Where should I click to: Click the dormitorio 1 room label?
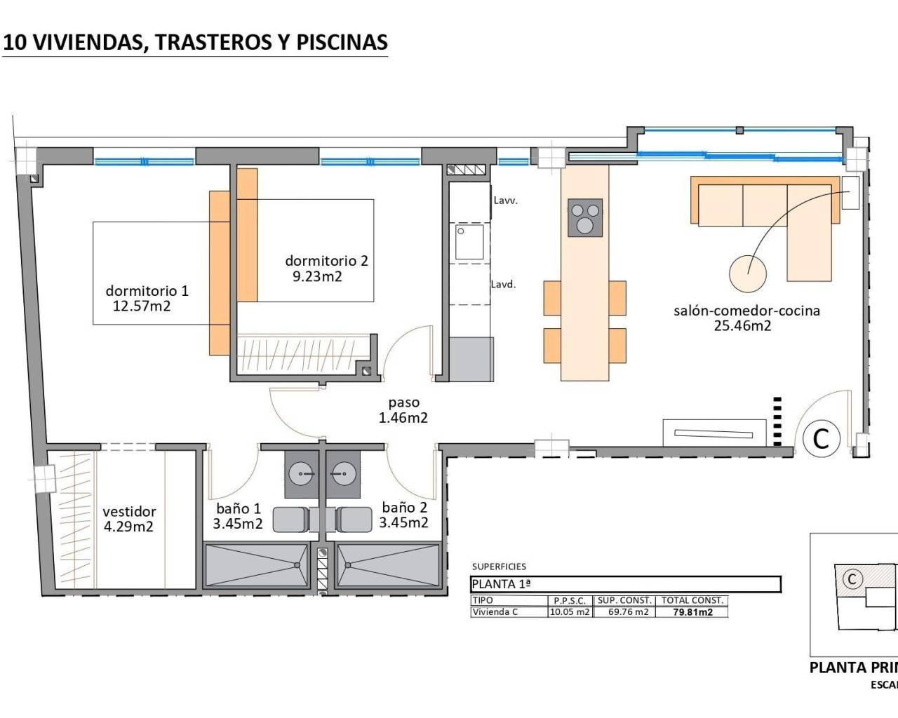(x=147, y=290)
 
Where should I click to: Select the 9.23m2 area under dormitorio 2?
(x=317, y=276)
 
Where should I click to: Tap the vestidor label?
(x=129, y=511)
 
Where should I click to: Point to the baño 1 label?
(x=238, y=508)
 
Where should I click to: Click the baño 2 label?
(x=404, y=507)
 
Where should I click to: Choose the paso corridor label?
(x=403, y=402)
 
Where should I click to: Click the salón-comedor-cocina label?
(x=746, y=310)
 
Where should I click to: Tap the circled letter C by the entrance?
(x=821, y=438)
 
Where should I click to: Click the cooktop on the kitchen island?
(x=584, y=217)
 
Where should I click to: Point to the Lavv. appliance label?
(x=505, y=201)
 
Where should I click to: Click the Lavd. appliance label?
(x=503, y=284)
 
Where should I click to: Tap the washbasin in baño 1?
(x=302, y=475)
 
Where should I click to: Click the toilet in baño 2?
(x=354, y=520)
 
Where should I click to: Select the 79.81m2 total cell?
(x=692, y=612)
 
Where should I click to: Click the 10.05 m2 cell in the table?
(x=570, y=612)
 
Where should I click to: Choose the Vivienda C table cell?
(x=495, y=612)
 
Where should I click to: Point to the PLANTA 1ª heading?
(x=502, y=584)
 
